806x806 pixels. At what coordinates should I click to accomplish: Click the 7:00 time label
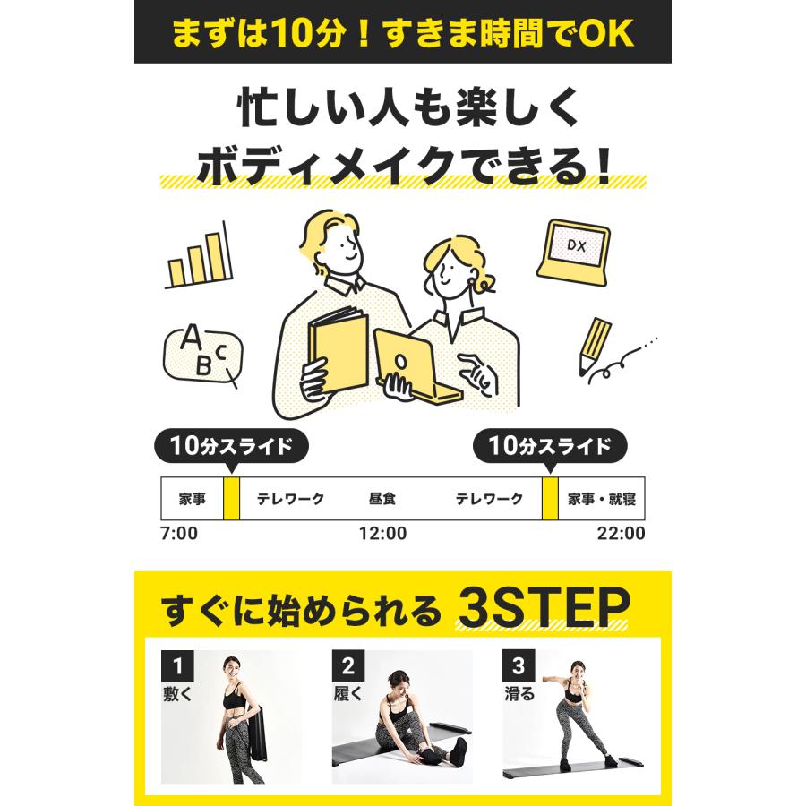[178, 534]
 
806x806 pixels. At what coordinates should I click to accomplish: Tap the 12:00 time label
[382, 534]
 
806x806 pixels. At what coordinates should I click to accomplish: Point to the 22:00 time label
[621, 534]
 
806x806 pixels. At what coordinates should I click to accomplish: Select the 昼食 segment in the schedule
[382, 499]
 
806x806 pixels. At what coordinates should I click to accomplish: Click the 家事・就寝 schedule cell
[601, 499]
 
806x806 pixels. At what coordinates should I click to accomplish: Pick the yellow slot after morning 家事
[231, 499]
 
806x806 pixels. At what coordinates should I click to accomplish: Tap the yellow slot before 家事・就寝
[550, 499]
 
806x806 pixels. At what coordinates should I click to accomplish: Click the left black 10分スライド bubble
[231, 445]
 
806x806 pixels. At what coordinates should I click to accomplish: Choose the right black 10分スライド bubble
[550, 445]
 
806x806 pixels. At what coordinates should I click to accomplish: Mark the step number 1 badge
[177, 666]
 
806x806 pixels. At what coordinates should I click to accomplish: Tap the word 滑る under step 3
[519, 693]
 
